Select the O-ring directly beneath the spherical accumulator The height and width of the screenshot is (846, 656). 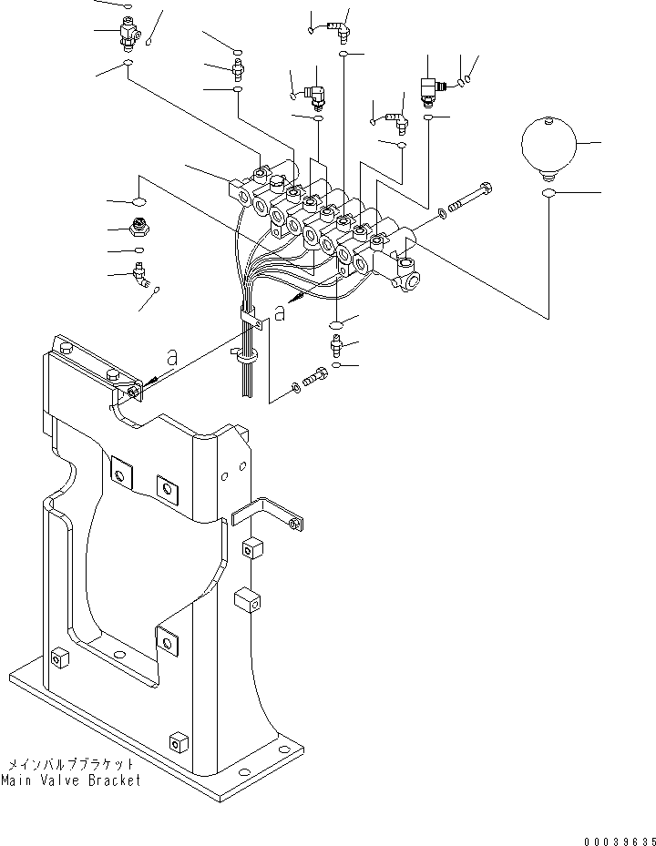tap(548, 195)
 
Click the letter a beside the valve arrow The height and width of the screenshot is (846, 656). tap(279, 312)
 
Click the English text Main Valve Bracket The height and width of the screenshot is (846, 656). tap(71, 781)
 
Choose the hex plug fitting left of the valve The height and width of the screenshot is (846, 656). tap(140, 229)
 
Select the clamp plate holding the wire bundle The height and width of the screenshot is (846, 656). tap(250, 316)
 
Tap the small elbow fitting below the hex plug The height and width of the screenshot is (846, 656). tap(141, 271)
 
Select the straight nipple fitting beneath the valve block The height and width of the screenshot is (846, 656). tap(336, 345)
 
